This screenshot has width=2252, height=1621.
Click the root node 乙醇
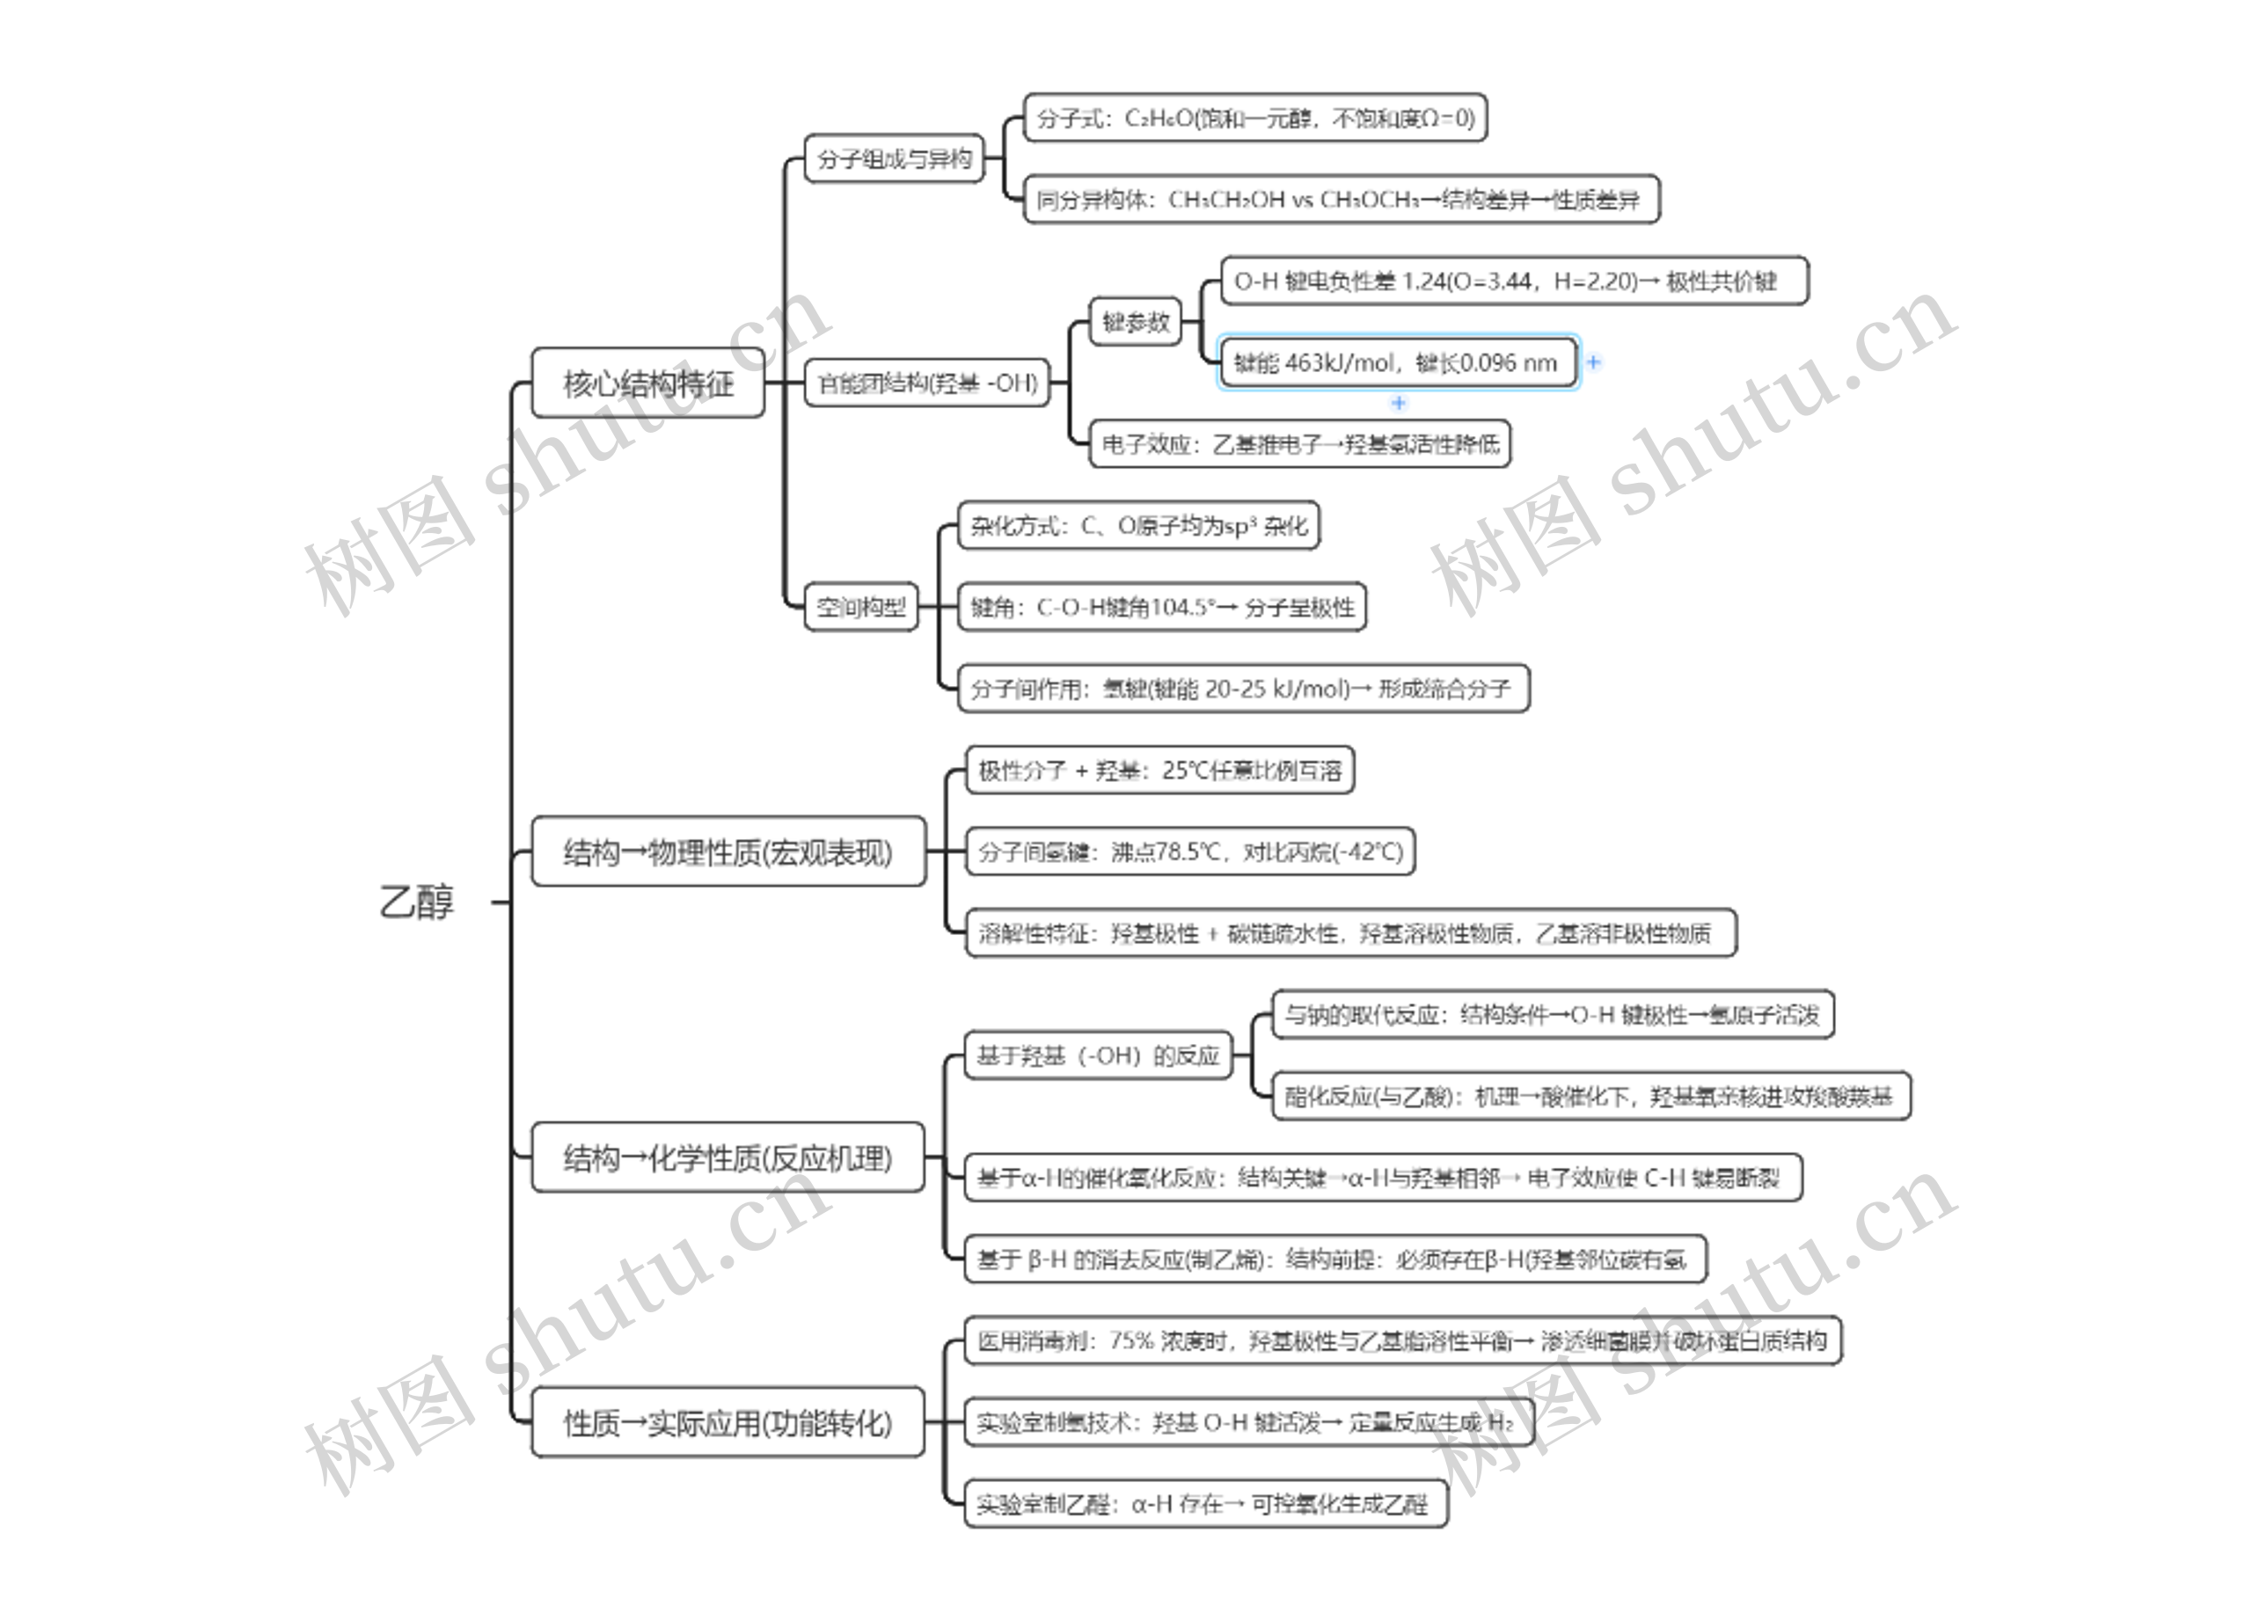(417, 902)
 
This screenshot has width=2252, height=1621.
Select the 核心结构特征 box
(647, 383)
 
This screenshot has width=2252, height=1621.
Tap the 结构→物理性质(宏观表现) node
(728, 851)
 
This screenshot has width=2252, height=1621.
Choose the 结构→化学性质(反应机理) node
(728, 1157)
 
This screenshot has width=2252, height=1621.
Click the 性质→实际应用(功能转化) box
(728, 1422)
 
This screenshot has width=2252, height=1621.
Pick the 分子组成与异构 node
(894, 159)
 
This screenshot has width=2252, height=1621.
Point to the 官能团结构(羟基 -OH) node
(926, 383)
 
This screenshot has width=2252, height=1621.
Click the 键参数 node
(1136, 322)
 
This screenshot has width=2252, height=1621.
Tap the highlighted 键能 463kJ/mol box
(1397, 363)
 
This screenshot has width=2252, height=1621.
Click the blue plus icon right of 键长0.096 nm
(1594, 363)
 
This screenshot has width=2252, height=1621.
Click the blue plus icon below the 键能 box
(1398, 403)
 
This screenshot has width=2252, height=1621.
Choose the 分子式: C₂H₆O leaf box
(1255, 118)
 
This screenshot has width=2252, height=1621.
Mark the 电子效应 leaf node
(1300, 443)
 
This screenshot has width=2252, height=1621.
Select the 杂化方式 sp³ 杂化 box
(1138, 526)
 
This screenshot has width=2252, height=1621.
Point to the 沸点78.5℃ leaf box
(1189, 851)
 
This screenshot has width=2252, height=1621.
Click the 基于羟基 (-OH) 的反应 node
(1097, 1055)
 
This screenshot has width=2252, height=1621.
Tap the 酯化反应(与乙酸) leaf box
(1590, 1096)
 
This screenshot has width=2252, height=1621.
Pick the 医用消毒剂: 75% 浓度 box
(1402, 1341)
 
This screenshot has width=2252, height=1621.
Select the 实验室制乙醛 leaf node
(1204, 1504)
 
